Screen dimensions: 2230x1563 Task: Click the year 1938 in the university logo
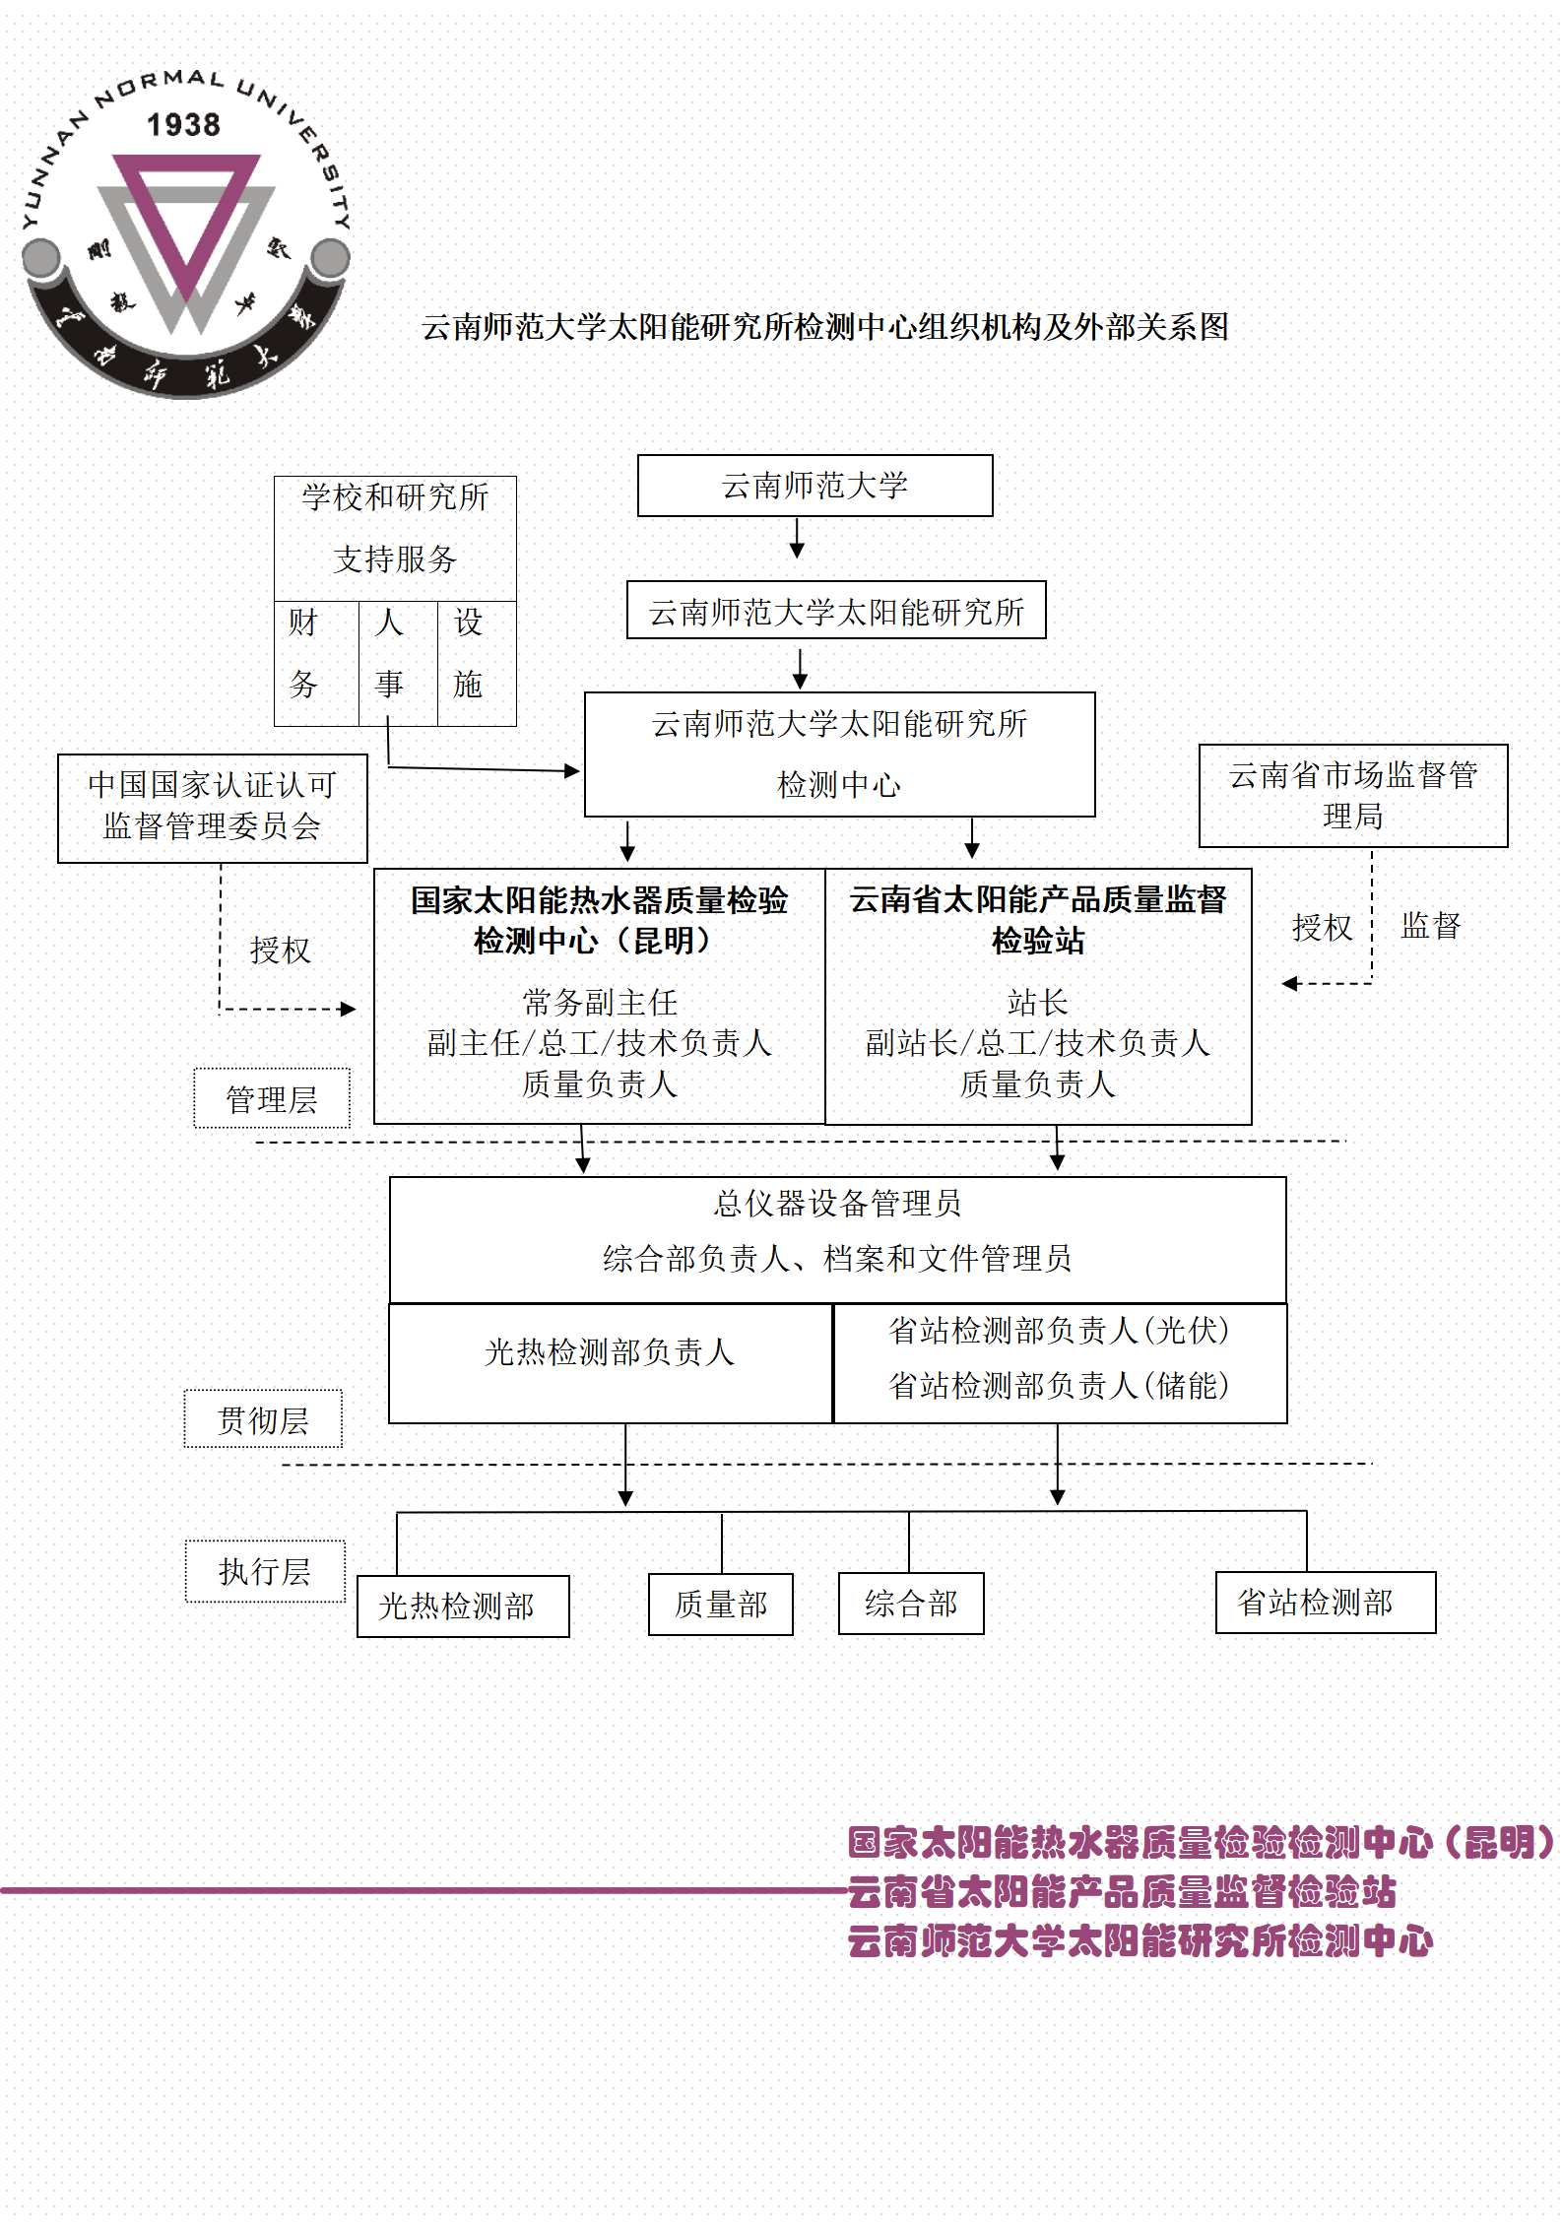tap(183, 125)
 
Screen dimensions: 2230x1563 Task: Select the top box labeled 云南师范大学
tap(814, 486)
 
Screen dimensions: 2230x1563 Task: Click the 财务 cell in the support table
tap(315, 663)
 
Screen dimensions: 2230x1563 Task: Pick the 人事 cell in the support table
tap(397, 663)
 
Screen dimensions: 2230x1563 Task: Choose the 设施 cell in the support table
tap(476, 663)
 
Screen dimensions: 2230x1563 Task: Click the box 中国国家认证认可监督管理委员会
tap(212, 808)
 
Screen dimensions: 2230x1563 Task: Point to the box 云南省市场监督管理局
tap(1352, 795)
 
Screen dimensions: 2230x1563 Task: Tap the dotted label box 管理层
tap(271, 1098)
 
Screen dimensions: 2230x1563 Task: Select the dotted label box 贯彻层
tap(263, 1419)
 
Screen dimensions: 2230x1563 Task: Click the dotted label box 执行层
tap(265, 1571)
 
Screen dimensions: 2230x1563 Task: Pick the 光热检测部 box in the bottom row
tap(462, 1606)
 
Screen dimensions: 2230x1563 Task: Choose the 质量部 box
tap(720, 1605)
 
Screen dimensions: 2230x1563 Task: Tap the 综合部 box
tap(911, 1604)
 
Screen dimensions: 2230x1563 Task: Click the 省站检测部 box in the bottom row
tap(1325, 1603)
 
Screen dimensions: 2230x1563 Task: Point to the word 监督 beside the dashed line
tap(1431, 925)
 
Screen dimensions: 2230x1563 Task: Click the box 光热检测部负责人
tap(610, 1364)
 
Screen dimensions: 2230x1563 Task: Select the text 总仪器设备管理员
tap(837, 1204)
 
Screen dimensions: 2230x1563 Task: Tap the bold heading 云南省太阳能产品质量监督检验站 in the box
tap(1038, 920)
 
